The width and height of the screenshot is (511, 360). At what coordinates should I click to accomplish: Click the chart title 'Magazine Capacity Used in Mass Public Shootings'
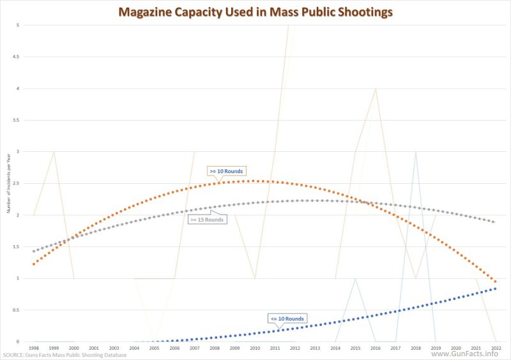[255, 11]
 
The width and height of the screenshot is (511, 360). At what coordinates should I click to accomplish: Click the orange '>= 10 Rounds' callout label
[227, 171]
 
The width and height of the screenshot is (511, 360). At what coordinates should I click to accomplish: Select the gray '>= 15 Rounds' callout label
[206, 220]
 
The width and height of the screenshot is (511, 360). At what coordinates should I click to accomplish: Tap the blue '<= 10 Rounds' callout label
[287, 318]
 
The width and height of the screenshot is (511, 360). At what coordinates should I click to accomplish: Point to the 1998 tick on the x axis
[33, 348]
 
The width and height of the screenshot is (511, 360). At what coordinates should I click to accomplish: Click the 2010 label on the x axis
[255, 348]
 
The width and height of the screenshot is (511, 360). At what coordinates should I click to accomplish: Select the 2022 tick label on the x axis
[496, 348]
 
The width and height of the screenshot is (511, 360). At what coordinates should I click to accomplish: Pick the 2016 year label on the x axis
[375, 348]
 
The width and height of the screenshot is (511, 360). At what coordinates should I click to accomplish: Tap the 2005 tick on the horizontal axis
[154, 348]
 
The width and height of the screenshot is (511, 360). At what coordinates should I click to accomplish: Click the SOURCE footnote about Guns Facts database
[65, 355]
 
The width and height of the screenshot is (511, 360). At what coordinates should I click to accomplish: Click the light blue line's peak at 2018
[415, 152]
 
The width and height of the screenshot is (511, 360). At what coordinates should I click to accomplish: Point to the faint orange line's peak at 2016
[375, 89]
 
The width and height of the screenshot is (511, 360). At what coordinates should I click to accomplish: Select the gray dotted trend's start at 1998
[33, 251]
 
